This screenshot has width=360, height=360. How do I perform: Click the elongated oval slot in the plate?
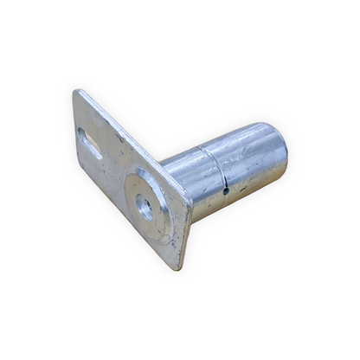point(89,145)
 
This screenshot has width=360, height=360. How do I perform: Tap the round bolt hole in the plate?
point(144,207)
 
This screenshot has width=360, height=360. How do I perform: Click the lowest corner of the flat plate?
point(179,267)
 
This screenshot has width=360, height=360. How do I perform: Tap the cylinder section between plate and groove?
point(186,177)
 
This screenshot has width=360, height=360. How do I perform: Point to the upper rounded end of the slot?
point(83,134)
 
